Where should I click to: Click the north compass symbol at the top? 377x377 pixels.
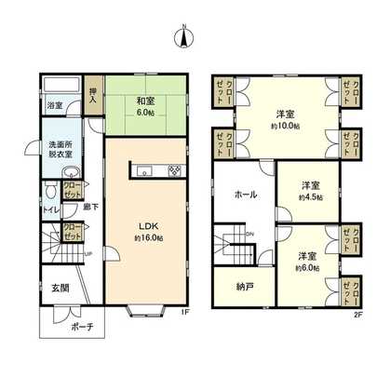point(186,38)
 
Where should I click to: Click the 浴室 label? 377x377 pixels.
point(56,105)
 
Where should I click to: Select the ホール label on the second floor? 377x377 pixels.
point(245,195)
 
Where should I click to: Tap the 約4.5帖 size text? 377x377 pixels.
point(310,197)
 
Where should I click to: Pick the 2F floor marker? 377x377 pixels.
point(358,314)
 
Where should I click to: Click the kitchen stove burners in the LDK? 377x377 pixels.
point(174,171)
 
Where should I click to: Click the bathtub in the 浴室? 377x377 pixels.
point(61,86)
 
